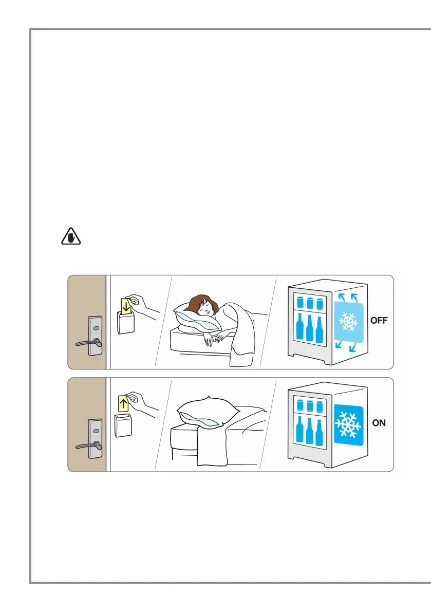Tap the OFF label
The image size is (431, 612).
tap(379, 320)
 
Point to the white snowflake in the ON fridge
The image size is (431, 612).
tap(349, 424)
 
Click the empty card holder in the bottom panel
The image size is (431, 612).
tap(124, 425)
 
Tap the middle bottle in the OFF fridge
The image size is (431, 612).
tap(309, 329)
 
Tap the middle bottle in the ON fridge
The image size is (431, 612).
tap(309, 432)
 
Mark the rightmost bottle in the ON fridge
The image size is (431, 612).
tap(320, 432)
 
